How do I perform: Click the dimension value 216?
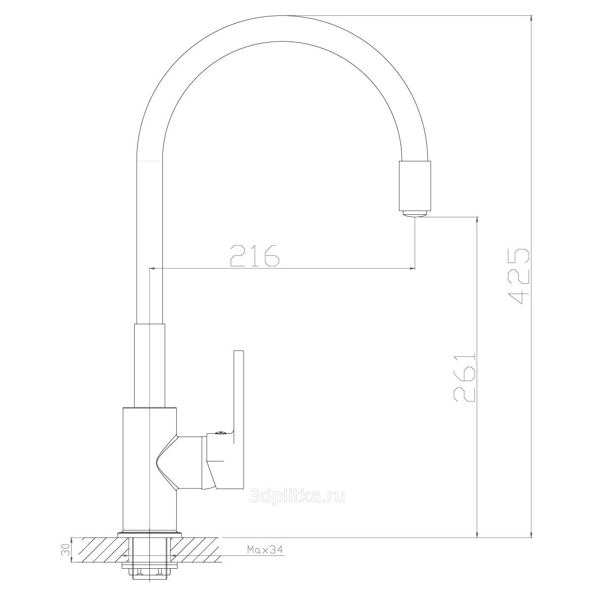(254, 255)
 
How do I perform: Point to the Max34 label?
(265, 549)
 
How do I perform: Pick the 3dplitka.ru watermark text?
(297, 497)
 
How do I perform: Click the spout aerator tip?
(415, 214)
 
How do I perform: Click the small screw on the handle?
(219, 434)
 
